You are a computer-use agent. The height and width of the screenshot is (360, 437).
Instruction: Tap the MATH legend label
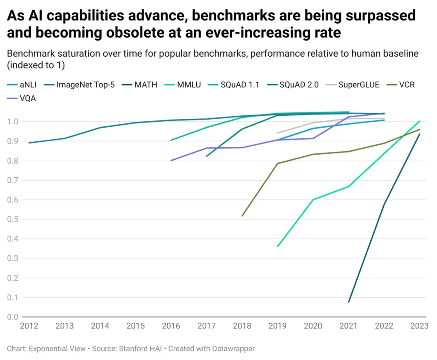(x=146, y=85)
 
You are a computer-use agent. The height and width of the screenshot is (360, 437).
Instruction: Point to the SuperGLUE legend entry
(x=359, y=85)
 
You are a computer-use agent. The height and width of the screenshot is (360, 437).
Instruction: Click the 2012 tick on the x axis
(x=29, y=326)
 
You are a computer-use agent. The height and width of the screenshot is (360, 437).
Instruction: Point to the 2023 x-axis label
(x=420, y=326)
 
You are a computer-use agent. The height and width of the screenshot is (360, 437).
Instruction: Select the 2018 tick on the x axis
(x=242, y=326)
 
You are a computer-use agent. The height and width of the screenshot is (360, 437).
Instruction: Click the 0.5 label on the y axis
(x=13, y=220)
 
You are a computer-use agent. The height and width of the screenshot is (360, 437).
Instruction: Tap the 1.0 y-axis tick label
(x=13, y=122)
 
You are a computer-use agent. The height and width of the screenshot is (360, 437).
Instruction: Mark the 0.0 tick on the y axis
(x=13, y=317)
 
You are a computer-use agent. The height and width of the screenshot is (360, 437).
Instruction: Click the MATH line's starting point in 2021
(x=349, y=302)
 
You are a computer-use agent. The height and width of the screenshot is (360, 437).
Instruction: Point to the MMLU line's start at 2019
(x=278, y=247)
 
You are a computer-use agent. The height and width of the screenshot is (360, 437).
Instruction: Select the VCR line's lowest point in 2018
(x=242, y=216)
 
